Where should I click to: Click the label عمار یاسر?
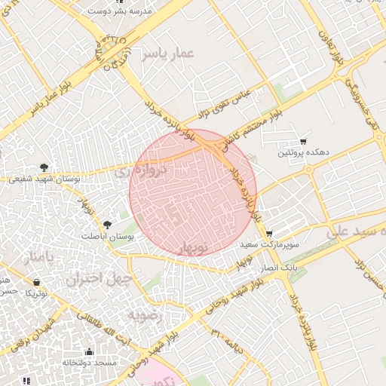(x=172, y=53)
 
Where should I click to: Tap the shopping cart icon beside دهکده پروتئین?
(x=303, y=141)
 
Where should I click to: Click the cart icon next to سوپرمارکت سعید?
(x=270, y=234)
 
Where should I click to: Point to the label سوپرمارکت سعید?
(x=270, y=246)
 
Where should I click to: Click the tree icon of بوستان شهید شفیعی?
(x=44, y=167)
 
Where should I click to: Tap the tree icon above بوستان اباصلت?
(x=107, y=224)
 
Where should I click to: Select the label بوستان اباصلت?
(x=107, y=236)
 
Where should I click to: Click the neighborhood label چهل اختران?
(x=99, y=280)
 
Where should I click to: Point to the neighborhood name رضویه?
(x=144, y=315)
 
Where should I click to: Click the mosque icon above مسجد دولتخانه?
(x=90, y=351)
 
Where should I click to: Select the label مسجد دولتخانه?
(x=90, y=363)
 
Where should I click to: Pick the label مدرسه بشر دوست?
(x=120, y=12)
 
